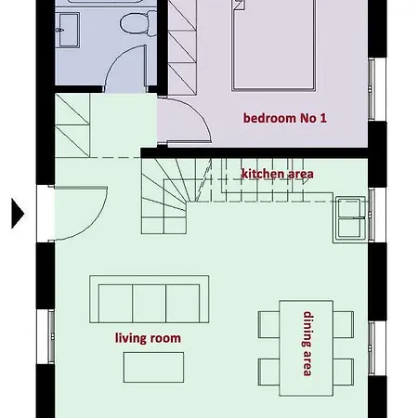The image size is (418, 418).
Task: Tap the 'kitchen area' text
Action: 277,174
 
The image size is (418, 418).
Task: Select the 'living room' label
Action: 148,338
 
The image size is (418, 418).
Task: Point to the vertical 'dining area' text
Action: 307,343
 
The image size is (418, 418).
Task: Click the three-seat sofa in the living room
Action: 149,299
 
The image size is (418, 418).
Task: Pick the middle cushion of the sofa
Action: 149,301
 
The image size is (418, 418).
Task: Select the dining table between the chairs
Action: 307,343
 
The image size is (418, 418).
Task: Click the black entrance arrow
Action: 16,213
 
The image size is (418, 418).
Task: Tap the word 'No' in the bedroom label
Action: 309,118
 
